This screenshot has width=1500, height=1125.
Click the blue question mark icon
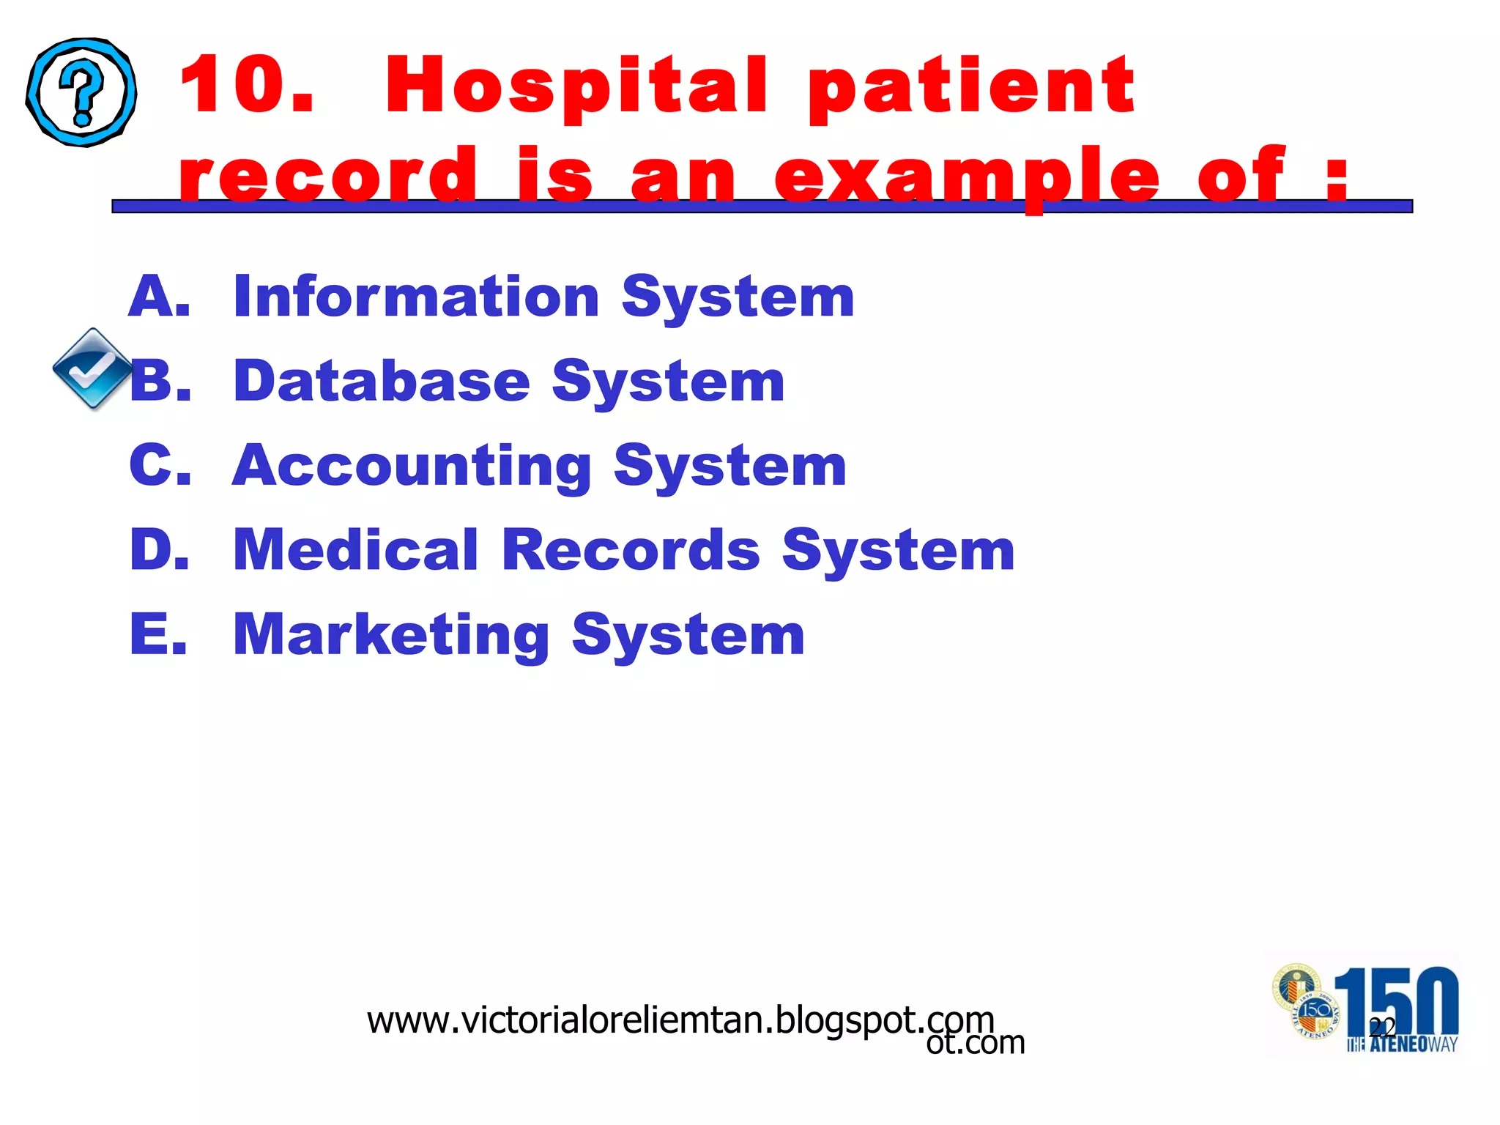tap(81, 92)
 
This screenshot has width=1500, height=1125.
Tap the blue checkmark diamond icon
tap(92, 368)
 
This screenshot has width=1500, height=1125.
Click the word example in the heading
tap(967, 176)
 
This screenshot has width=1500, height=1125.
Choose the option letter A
tap(158, 297)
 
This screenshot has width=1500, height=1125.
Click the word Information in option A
tap(416, 297)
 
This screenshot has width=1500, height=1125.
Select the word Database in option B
tap(381, 382)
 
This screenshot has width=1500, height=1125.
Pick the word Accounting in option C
tap(412, 467)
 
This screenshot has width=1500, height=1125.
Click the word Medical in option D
tap(355, 550)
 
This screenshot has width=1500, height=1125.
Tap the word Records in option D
tap(631, 550)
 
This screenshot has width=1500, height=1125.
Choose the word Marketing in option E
tap(391, 634)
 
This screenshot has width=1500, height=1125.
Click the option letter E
tap(157, 634)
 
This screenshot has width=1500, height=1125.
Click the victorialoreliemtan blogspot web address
tap(680, 1020)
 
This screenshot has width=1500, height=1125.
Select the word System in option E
tap(688, 634)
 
